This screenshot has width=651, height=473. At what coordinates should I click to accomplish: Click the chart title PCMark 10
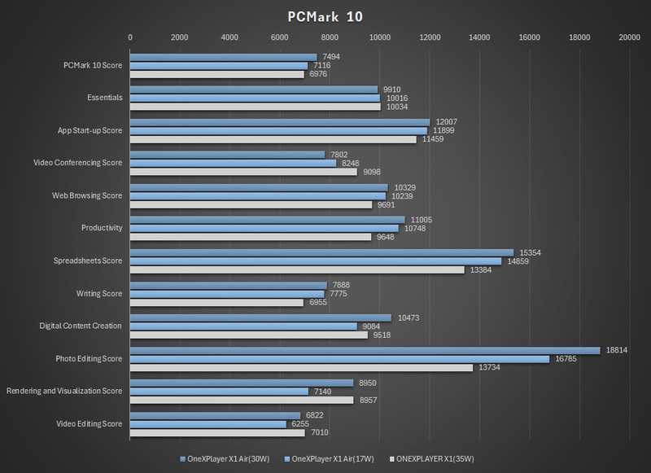click(325, 16)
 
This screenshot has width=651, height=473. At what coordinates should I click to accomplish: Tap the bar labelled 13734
click(301, 367)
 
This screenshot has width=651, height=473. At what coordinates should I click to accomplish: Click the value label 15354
click(530, 252)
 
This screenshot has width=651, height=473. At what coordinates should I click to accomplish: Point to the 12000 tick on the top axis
click(429, 37)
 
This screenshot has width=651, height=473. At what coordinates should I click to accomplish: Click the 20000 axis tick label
click(628, 37)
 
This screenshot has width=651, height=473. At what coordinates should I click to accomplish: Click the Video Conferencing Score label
click(78, 163)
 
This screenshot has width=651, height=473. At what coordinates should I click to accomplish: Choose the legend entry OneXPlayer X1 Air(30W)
click(227, 458)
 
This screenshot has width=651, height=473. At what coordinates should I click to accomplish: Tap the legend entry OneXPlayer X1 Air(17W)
click(331, 458)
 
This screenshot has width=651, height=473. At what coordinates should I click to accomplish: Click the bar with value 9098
click(243, 171)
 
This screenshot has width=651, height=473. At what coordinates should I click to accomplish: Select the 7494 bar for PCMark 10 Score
click(223, 57)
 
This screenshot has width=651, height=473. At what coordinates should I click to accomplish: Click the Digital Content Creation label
click(81, 326)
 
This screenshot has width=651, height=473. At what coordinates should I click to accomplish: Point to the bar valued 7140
click(219, 392)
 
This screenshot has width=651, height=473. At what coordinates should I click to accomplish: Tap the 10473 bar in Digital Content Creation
click(260, 318)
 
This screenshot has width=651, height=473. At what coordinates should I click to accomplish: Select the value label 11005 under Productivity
click(421, 220)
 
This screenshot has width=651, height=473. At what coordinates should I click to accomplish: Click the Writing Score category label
click(99, 293)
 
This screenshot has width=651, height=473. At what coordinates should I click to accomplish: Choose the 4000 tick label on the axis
click(229, 37)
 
